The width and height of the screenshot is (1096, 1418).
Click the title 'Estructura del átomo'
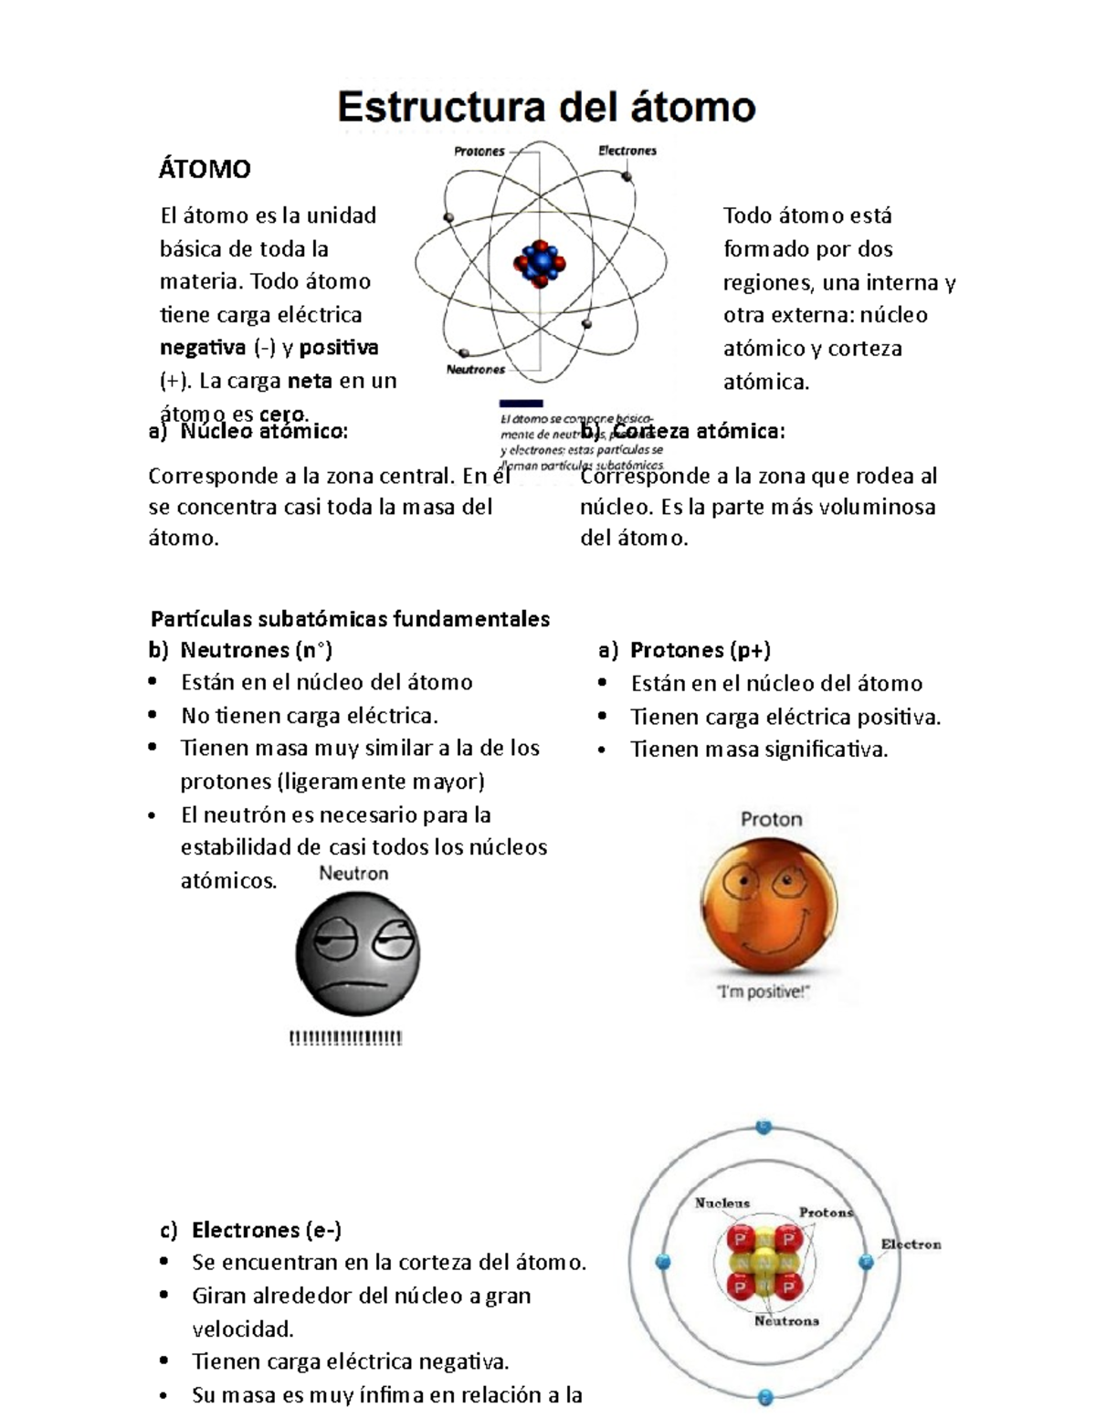tap(546, 108)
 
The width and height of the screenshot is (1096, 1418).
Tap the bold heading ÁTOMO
tap(205, 169)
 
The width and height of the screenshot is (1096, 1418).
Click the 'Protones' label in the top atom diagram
tap(479, 152)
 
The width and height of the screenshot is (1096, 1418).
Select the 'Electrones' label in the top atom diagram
tap(627, 151)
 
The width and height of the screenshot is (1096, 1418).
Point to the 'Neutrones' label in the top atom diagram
tap(475, 370)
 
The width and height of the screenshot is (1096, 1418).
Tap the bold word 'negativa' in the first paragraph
tap(203, 348)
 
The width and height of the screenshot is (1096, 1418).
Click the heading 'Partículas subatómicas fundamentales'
tap(350, 619)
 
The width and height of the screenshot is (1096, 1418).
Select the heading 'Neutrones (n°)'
tap(256, 650)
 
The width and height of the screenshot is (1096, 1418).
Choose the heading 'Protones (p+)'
tap(700, 650)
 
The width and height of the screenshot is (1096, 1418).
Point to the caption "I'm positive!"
tap(763, 993)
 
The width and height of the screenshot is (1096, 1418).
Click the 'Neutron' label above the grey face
tap(353, 874)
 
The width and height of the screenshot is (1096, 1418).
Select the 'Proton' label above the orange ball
tap(771, 819)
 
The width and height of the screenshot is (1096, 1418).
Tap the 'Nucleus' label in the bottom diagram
tap(722, 1203)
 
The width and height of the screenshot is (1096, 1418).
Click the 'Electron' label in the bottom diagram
tap(911, 1244)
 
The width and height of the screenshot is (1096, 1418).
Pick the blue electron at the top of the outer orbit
tap(764, 1126)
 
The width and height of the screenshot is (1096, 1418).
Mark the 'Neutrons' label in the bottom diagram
tap(785, 1320)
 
